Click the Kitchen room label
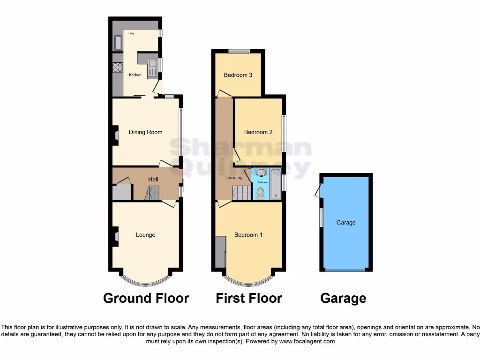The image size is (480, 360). (x=135, y=75)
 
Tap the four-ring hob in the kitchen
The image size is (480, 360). (x=117, y=67)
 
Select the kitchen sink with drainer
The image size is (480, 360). (x=152, y=67)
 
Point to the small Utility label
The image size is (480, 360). (x=125, y=34)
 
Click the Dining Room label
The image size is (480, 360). (x=145, y=132)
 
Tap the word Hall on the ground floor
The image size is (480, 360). (x=153, y=180)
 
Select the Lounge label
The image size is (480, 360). (x=145, y=235)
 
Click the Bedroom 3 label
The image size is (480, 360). (x=238, y=75)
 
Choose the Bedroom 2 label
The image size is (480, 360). (x=258, y=132)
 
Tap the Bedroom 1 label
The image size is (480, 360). (x=248, y=235)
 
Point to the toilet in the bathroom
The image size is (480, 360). (x=261, y=192)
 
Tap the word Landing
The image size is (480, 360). (x=234, y=178)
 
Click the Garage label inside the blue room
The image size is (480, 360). (x=346, y=223)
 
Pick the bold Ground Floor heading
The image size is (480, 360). (x=146, y=298)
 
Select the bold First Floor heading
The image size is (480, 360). (x=249, y=298)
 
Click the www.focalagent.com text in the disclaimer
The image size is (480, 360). (x=307, y=342)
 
